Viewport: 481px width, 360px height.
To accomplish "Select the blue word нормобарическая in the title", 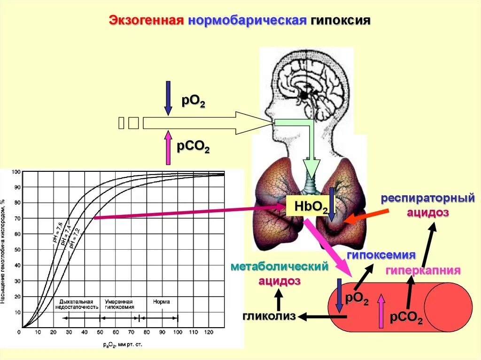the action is pyautogui.click(x=247, y=21).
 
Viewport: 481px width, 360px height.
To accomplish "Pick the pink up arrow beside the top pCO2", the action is pyautogui.click(x=168, y=148).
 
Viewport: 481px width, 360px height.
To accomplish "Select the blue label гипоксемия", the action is pyautogui.click(x=381, y=255).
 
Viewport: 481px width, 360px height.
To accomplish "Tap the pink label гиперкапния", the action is pyautogui.click(x=423, y=270).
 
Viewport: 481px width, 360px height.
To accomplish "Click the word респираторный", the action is pyautogui.click(x=427, y=199).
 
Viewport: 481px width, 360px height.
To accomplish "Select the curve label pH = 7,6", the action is pyautogui.click(x=58, y=233).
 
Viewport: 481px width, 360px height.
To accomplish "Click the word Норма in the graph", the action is pyautogui.click(x=161, y=301).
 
